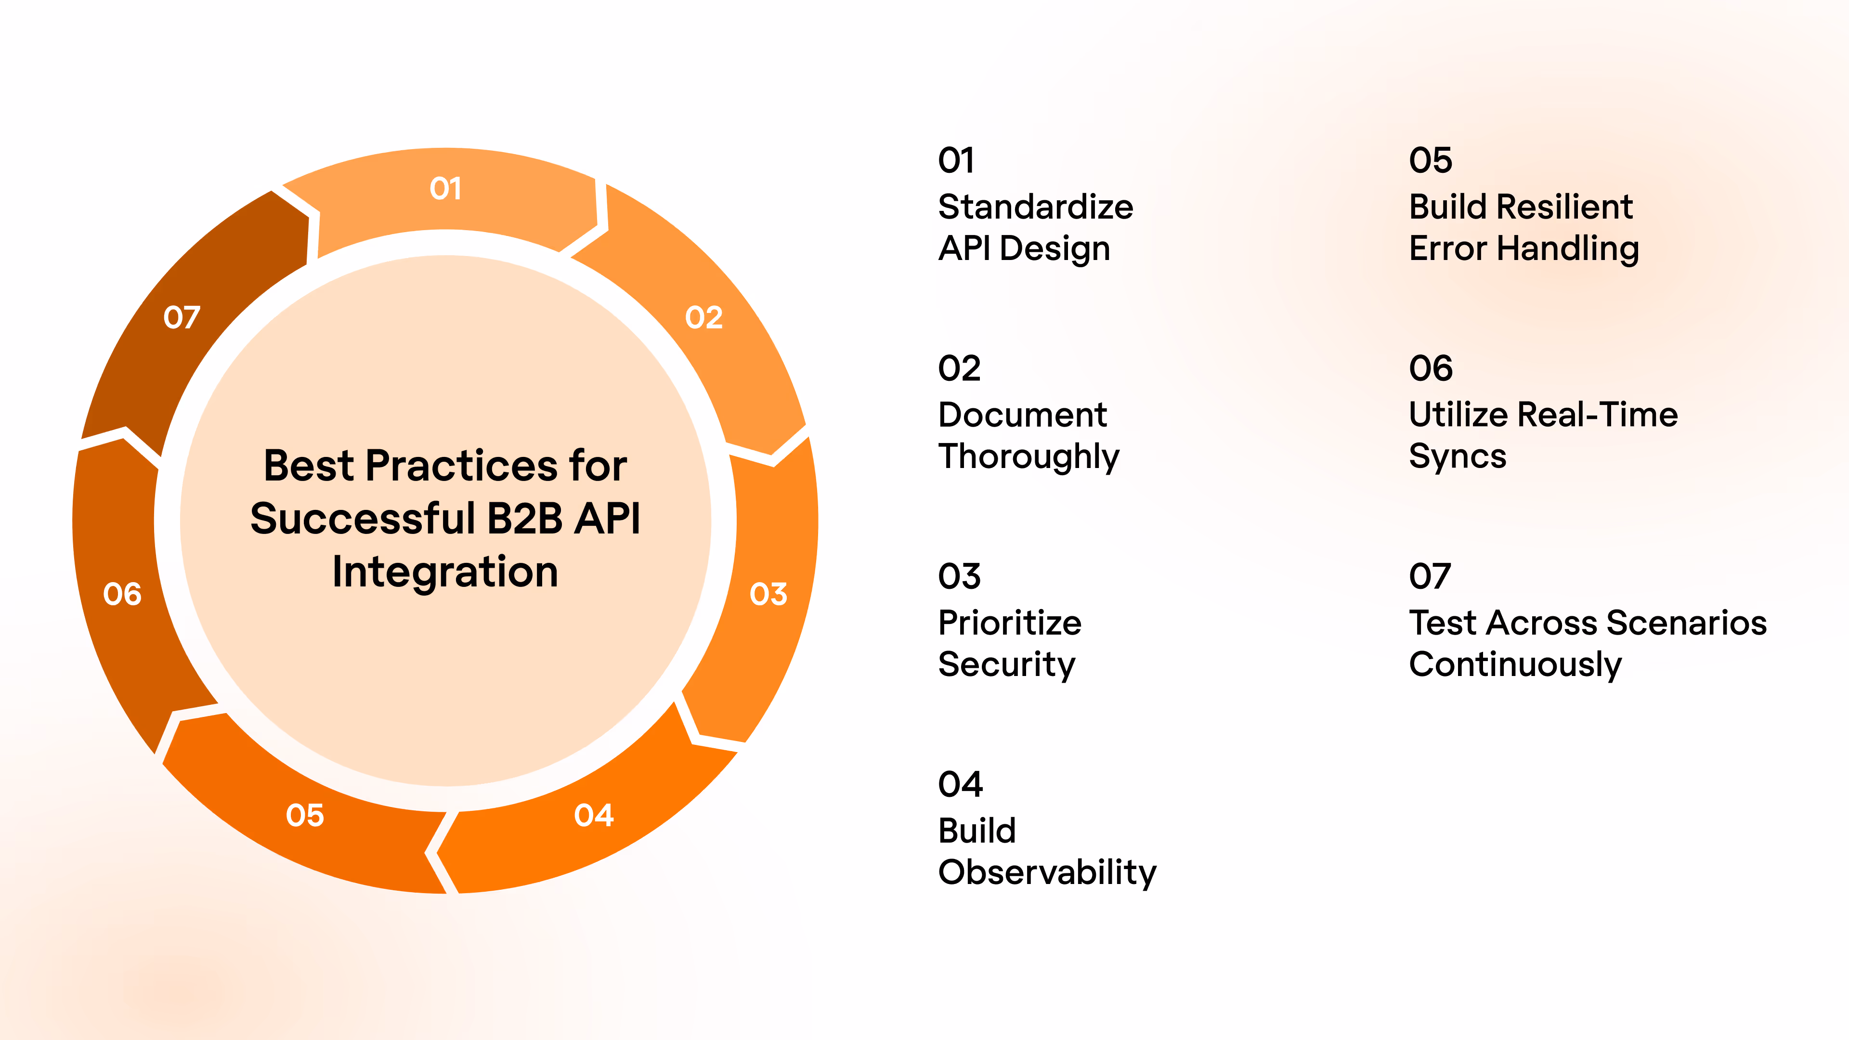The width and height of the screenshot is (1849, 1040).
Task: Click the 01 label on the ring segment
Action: click(x=445, y=189)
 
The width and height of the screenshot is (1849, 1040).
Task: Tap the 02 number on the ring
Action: click(x=703, y=317)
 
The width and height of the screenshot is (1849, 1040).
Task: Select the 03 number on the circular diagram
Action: click(x=768, y=594)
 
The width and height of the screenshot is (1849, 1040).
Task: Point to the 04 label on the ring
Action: click(x=594, y=815)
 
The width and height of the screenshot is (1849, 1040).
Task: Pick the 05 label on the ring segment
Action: click(x=305, y=815)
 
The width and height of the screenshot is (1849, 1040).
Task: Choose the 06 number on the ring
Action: click(x=122, y=594)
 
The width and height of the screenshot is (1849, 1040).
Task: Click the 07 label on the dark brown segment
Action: click(x=182, y=317)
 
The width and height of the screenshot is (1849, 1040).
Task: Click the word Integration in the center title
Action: click(x=445, y=572)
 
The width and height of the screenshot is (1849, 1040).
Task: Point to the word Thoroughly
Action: click(x=1029, y=456)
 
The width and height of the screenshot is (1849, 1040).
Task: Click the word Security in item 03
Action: click(x=1006, y=664)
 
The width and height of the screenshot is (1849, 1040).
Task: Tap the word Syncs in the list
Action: click(x=1457, y=456)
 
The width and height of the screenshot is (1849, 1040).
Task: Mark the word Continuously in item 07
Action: click(x=1514, y=664)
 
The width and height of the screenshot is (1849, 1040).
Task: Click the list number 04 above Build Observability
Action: click(x=960, y=784)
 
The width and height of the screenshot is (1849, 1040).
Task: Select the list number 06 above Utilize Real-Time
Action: click(x=1431, y=369)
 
